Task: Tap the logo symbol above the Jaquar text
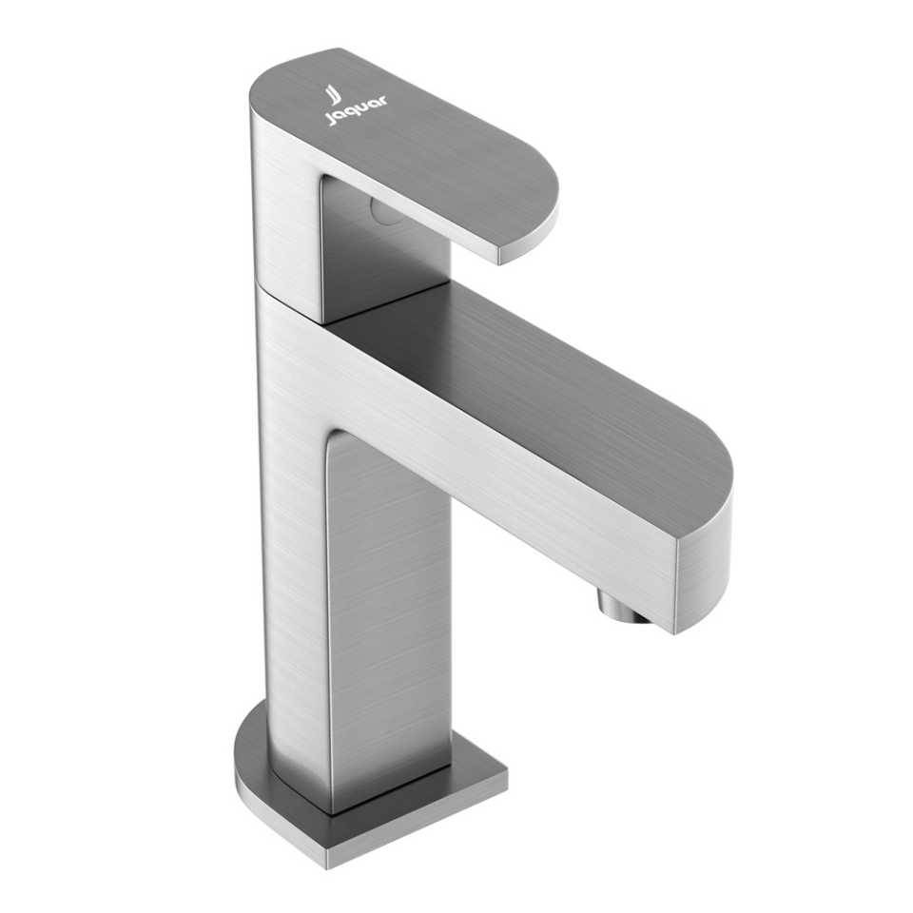[333, 92]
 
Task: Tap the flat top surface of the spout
[533, 380]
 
